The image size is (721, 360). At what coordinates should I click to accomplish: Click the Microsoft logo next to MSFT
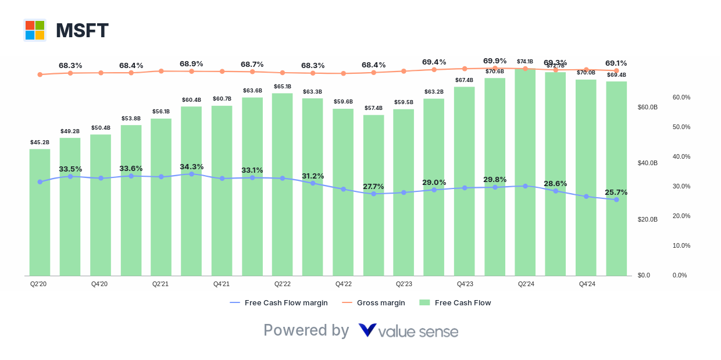(35, 30)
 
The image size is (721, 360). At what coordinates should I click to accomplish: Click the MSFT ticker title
(82, 31)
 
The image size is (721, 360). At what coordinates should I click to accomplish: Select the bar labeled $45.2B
(40, 212)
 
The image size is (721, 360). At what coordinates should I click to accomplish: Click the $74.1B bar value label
(525, 62)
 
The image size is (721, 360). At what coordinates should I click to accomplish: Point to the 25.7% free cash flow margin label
(616, 192)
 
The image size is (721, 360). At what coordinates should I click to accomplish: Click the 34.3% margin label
(191, 166)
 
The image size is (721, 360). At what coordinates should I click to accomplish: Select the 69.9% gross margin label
(495, 60)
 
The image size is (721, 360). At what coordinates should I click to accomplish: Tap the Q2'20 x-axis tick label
(38, 284)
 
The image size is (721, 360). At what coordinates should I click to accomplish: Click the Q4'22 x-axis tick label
(343, 284)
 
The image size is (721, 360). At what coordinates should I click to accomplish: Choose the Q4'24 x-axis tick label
(587, 284)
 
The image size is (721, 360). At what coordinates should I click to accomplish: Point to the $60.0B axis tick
(647, 108)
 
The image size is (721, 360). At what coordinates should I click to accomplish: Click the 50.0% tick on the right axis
(681, 127)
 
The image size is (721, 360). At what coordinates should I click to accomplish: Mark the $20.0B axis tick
(647, 219)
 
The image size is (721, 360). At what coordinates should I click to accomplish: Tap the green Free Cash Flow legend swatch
(424, 303)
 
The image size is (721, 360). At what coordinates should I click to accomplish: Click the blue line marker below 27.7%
(373, 194)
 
